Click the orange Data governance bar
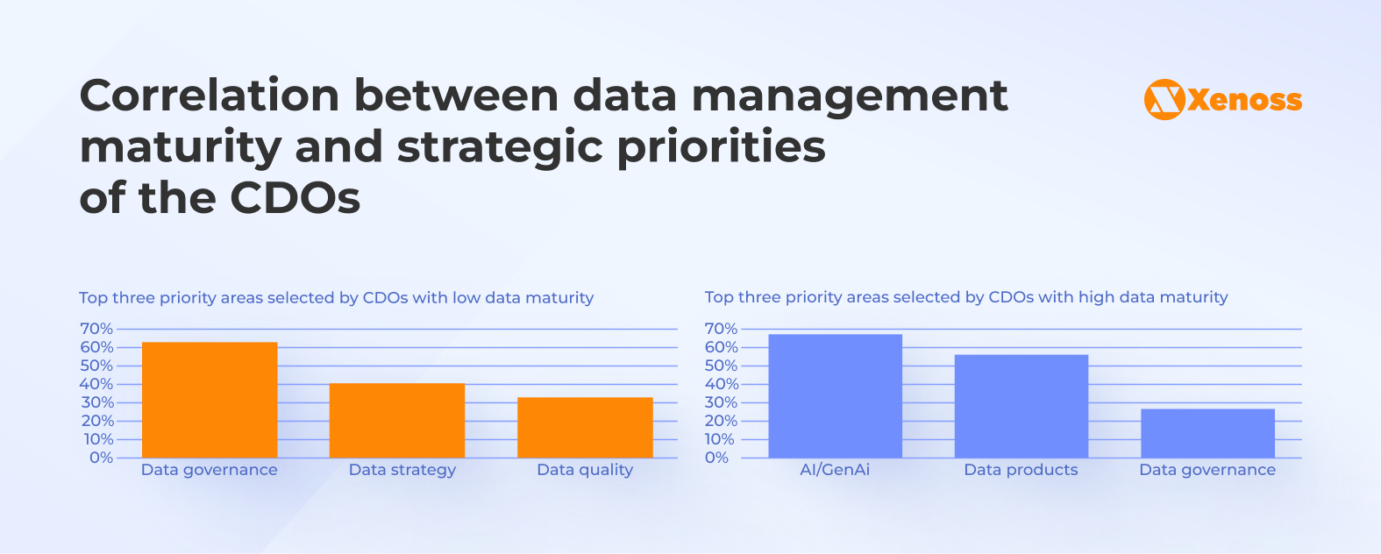tap(210, 400)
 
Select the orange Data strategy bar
tap(396, 421)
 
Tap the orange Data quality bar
tap(585, 428)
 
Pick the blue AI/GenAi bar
tap(835, 396)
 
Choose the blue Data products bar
tap(1021, 406)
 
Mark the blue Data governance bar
tap(1207, 433)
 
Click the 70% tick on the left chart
tap(96, 329)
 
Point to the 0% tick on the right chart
tap(716, 458)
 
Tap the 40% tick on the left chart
tap(96, 384)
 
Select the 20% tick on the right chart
tap(721, 421)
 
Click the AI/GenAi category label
tap(835, 470)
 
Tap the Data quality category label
tap(585, 470)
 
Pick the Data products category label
tap(1021, 470)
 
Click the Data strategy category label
tap(402, 470)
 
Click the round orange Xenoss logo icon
tap(1164, 100)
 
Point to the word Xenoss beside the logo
tap(1245, 100)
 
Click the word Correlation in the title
tap(209, 95)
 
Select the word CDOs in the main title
tap(295, 198)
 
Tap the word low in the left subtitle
tap(466, 298)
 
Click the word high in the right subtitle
tap(1096, 297)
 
